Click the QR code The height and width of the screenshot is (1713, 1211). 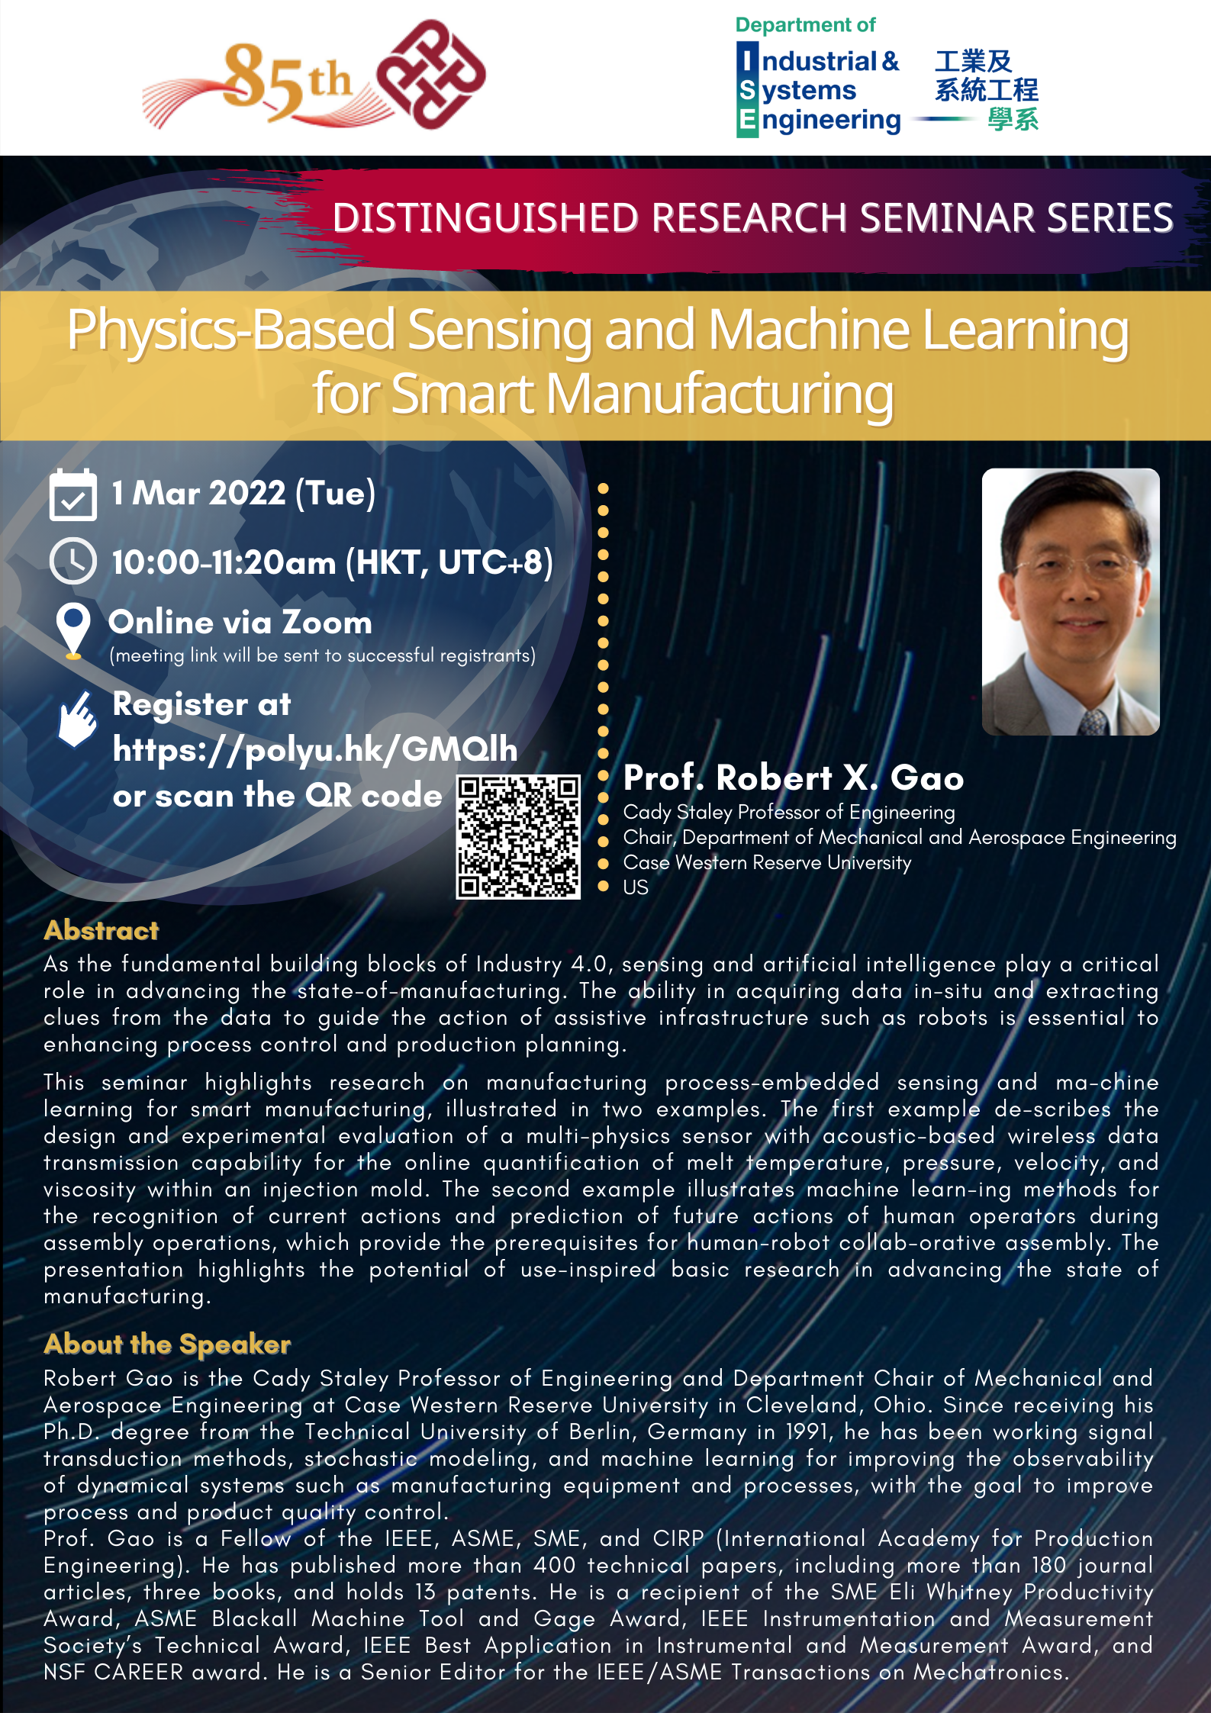point(518,836)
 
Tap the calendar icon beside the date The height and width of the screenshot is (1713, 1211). point(72,494)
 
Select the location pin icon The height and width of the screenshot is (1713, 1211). point(73,631)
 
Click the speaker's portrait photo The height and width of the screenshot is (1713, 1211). point(1071,601)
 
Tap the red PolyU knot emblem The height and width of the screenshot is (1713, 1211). point(431,74)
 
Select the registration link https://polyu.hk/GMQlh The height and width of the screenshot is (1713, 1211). point(314,749)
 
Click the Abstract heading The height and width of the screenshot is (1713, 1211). point(101,930)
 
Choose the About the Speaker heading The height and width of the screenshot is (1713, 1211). point(167,1344)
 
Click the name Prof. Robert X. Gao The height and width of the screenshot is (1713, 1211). point(794,778)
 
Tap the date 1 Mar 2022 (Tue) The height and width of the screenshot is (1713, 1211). point(243,493)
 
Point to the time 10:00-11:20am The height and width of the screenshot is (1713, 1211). point(224,562)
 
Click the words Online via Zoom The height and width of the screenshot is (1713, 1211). point(240,623)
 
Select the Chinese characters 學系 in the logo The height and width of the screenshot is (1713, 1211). point(1013,120)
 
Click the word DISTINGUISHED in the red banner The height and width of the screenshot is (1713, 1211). point(485,217)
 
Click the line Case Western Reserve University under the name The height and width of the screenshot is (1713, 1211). point(767,862)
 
